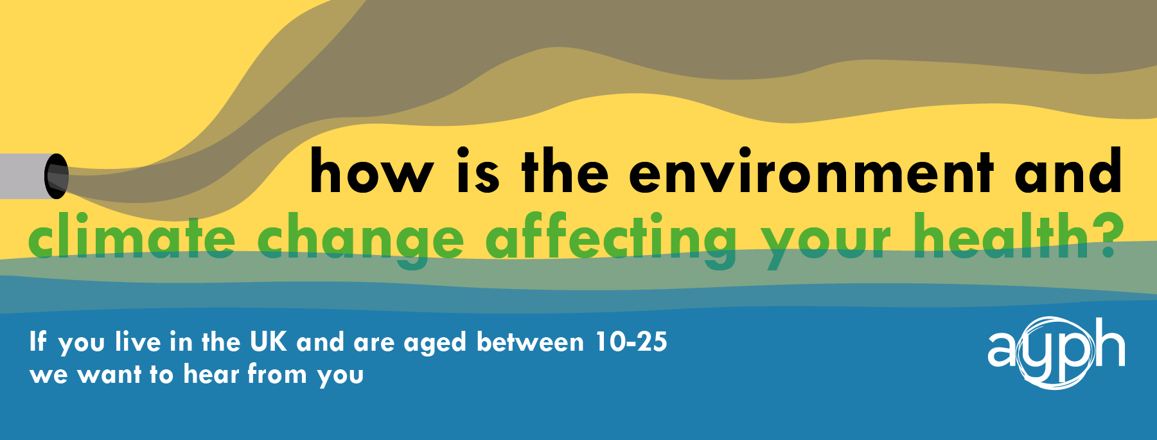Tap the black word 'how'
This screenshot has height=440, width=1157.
pos(372,172)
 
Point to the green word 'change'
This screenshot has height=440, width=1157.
pos(360,241)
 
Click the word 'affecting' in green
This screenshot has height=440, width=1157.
pos(611,241)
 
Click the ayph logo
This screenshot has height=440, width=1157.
pos(1055,353)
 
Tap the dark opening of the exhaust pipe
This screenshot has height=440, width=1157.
pos(56,176)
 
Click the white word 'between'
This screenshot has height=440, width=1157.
pos(530,342)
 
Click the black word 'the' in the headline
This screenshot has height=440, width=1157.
pos(565,172)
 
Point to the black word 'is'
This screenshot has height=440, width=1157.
pos(478,172)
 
